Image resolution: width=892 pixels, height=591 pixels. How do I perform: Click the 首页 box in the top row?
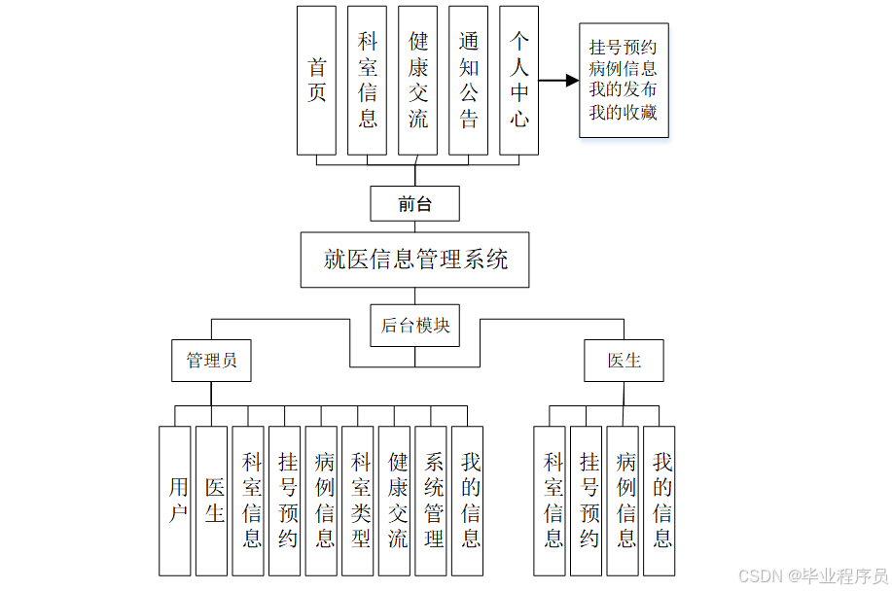click(x=316, y=81)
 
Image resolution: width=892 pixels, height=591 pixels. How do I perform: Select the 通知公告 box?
click(x=468, y=81)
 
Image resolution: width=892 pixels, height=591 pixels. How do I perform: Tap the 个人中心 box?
click(x=518, y=81)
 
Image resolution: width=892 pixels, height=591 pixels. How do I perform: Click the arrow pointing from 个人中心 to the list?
click(x=558, y=81)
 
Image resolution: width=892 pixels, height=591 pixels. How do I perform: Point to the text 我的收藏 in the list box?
click(x=623, y=113)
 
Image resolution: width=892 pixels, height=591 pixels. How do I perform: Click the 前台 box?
click(x=414, y=204)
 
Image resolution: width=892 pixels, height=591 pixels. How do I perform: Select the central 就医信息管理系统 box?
click(x=414, y=260)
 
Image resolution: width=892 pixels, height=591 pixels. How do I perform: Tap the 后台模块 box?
click(x=414, y=326)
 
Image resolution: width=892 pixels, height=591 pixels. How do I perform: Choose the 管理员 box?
click(x=211, y=360)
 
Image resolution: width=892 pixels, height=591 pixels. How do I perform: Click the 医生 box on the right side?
click(x=624, y=360)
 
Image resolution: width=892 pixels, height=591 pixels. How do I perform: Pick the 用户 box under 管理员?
click(x=175, y=501)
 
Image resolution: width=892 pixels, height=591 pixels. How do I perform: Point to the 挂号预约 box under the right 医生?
click(x=587, y=501)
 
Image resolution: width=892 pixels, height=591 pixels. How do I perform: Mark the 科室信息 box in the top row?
click(x=367, y=81)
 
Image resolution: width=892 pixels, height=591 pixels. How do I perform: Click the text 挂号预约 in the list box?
click(x=623, y=47)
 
